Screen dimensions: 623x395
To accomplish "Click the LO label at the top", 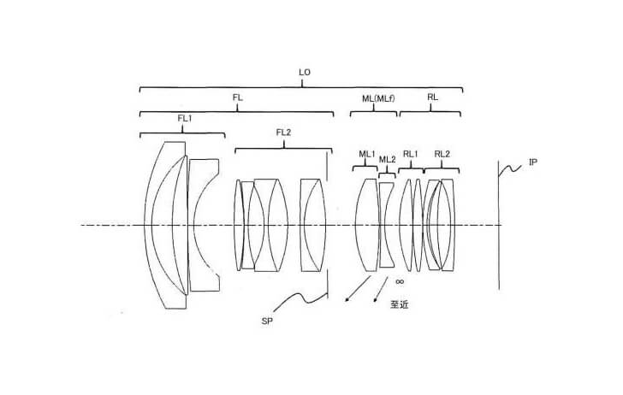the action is pos(305,73).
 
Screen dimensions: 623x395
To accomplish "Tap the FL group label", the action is pos(238,97).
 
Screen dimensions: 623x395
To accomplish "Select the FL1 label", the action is pos(185,118).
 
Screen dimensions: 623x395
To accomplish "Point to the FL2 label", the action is pos(283,133).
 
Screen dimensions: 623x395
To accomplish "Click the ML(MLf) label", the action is pos(378,98).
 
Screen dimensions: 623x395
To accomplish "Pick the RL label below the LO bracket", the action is pos(432,97).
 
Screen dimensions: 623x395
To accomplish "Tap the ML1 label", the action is pos(367,154).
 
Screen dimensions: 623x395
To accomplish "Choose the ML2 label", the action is pos(388,160).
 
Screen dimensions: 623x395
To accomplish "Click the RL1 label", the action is pos(411,154).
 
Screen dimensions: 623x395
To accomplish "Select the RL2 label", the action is pos(442,154).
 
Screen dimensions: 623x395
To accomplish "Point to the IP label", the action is pos(533,162).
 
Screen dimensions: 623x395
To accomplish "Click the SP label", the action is pos(267,321).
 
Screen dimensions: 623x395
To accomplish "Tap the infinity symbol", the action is pos(400,281).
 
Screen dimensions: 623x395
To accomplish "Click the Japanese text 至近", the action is pos(400,304).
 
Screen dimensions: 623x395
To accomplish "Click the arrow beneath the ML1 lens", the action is pos(358,289).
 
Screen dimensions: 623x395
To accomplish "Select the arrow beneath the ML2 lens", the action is pos(381,289).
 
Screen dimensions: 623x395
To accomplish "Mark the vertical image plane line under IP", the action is pos(499,225).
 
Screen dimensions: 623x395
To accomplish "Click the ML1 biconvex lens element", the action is pos(367,225).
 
